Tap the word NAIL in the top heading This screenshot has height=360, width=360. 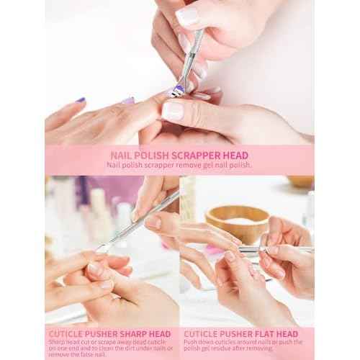coord(120,153)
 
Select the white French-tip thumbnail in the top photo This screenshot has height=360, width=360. coord(173,111)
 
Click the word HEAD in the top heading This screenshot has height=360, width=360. coord(235,153)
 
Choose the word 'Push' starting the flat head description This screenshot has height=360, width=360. coord(191,342)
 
